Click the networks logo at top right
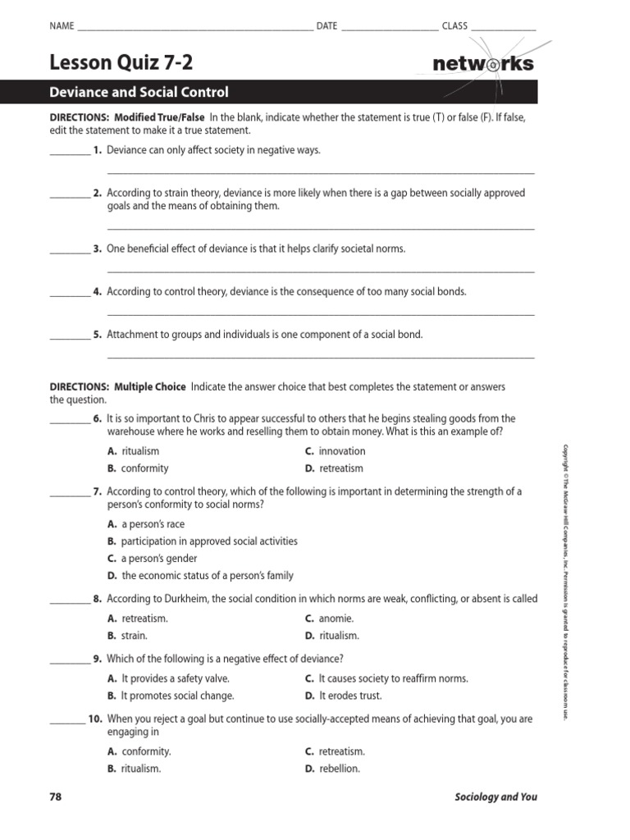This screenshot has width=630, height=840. [482, 63]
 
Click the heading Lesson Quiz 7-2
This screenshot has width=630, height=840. [122, 62]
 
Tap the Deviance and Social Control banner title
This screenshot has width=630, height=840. [139, 93]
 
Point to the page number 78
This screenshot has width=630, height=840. [56, 797]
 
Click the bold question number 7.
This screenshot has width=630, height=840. [97, 491]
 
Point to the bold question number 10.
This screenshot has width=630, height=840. [95, 719]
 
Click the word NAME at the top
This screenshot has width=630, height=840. [62, 26]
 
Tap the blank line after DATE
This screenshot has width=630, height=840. [389, 29]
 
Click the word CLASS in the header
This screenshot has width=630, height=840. [454, 26]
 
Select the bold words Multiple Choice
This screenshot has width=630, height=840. [149, 386]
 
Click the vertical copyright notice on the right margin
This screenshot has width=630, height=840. [564, 582]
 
